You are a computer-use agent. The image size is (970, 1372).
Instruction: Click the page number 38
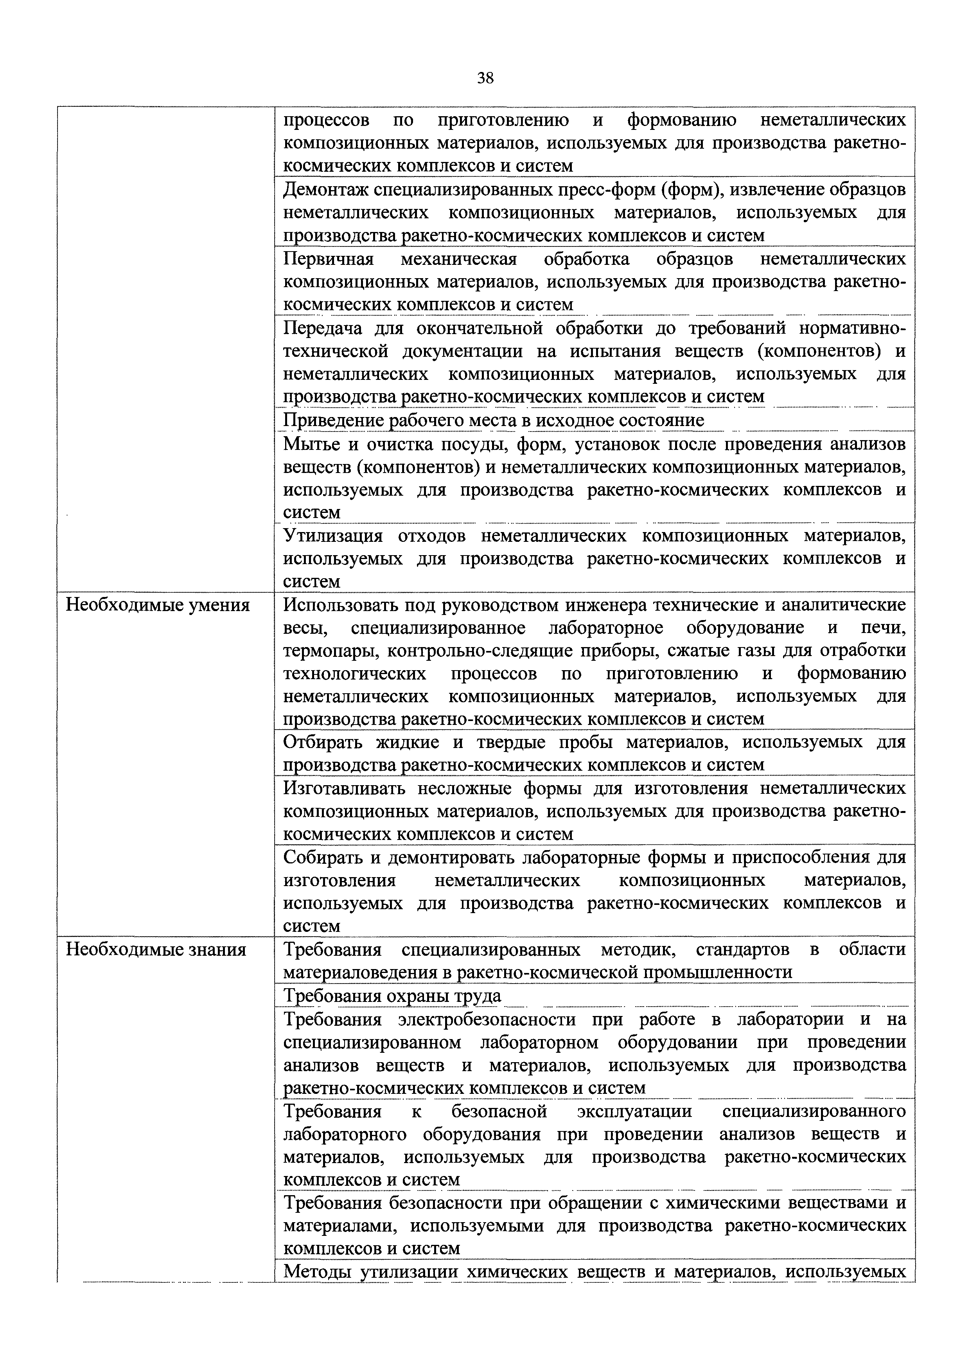[x=485, y=78]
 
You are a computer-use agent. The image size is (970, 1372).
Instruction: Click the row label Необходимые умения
[x=157, y=605]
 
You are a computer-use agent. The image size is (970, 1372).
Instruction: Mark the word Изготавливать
[x=347, y=789]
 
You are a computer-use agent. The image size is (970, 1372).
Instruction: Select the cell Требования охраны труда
[x=392, y=996]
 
